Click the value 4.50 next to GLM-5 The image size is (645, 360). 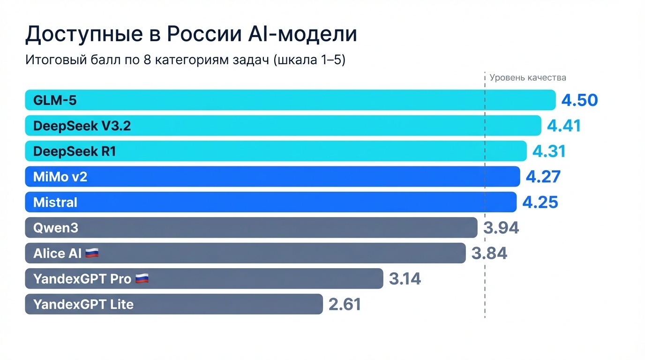pos(579,100)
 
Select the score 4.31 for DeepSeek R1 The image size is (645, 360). pos(549,151)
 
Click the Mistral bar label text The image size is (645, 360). pos(55,202)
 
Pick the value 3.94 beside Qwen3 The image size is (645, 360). pos(501,228)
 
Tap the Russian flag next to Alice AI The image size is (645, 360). pos(92,254)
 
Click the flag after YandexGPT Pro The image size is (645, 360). pos(142,279)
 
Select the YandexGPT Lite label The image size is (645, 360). pos(83,304)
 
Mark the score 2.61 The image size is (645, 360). pos(345,304)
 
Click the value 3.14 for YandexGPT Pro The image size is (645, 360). pos(405,279)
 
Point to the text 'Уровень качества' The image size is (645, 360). pos(528,78)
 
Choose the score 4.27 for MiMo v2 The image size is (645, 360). pos(543,177)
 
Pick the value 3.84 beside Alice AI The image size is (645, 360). pos(489,254)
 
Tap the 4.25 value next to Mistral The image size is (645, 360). pos(540,202)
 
